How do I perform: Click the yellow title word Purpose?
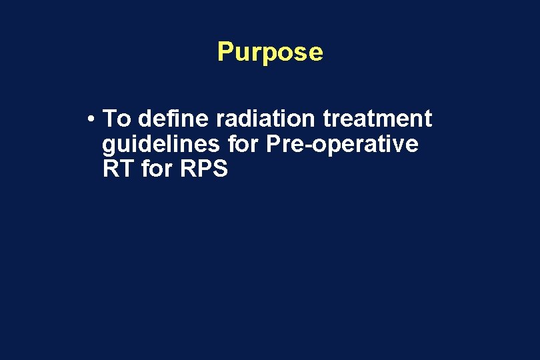(270, 52)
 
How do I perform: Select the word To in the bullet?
(117, 119)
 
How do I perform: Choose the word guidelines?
(159, 144)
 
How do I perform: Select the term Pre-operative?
(342, 144)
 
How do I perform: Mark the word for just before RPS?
(157, 169)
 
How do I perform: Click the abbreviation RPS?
(204, 169)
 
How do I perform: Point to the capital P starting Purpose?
(225, 52)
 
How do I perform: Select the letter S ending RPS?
(221, 169)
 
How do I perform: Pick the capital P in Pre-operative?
(272, 144)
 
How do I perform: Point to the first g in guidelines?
(109, 146)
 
